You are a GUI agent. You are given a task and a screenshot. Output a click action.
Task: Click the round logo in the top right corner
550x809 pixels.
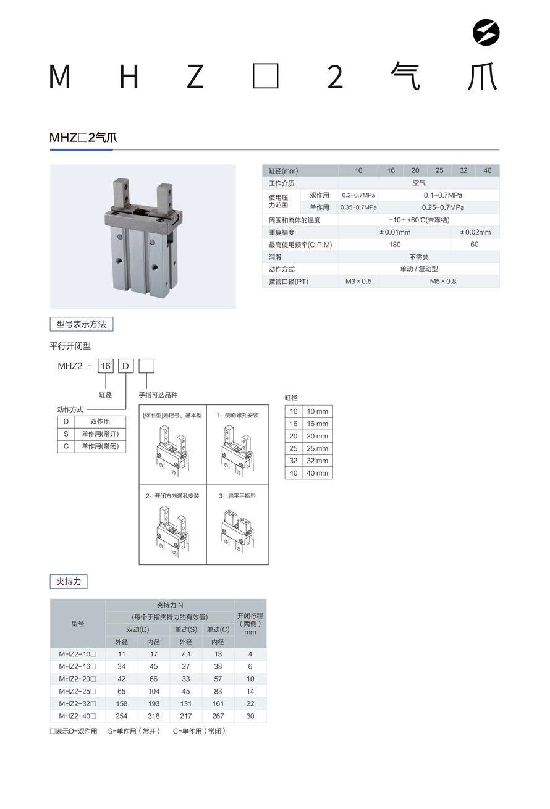[x=486, y=33]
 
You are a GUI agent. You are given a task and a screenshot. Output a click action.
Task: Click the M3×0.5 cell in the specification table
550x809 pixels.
[x=358, y=282]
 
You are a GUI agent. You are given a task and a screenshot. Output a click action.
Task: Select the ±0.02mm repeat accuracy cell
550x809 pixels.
[x=475, y=232]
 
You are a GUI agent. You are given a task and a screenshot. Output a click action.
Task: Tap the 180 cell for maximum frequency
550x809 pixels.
[x=395, y=245]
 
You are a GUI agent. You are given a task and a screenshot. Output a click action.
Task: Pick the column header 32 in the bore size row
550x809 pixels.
[x=463, y=170]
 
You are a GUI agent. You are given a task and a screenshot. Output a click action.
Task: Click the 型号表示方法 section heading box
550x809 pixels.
[x=82, y=324]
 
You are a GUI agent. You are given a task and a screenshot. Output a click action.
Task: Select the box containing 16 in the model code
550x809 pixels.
[x=106, y=366]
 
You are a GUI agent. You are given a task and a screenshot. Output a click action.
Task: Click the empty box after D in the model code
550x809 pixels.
[x=146, y=366]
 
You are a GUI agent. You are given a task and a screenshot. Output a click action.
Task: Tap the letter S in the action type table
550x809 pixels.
[x=66, y=434]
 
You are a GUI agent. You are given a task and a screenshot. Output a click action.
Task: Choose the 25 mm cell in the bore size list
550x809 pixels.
[x=317, y=448]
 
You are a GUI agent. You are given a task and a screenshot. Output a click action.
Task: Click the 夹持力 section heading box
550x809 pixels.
[x=69, y=581]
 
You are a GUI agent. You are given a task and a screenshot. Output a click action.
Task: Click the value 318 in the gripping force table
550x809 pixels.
[x=154, y=716]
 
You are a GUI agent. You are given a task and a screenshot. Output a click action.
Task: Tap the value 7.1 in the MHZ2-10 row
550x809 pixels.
[x=186, y=654]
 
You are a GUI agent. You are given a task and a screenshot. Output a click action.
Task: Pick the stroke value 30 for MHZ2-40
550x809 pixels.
[x=250, y=716]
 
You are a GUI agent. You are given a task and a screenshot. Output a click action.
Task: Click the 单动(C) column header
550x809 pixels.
[x=218, y=629]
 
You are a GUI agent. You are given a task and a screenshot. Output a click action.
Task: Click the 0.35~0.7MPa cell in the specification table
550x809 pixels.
[x=358, y=207]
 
